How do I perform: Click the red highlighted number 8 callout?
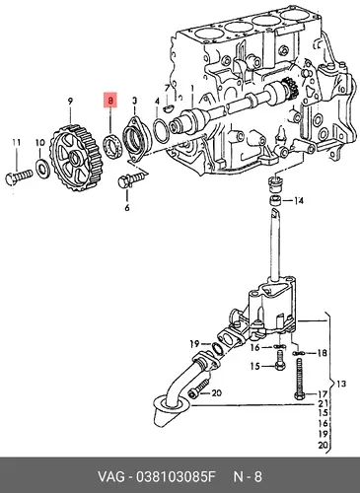(110, 100)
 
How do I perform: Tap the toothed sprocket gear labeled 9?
(75, 154)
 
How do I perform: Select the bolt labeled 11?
(19, 176)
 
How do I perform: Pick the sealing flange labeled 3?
(136, 138)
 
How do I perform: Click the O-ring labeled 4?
(162, 131)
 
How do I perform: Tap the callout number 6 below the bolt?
(127, 208)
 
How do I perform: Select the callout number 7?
(167, 88)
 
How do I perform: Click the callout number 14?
(299, 201)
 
